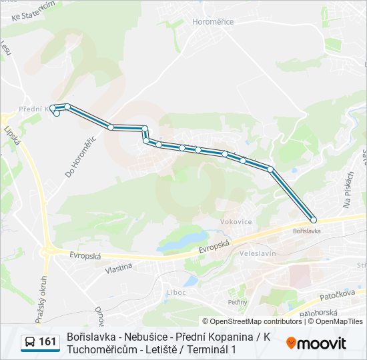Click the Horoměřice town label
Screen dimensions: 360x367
(x=213, y=22)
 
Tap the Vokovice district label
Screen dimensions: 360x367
(x=236, y=222)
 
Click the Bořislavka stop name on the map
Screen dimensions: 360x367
(x=307, y=231)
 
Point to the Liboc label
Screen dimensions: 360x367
(x=177, y=291)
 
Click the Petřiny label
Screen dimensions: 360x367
(x=238, y=302)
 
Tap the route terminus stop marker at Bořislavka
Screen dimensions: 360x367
(x=314, y=220)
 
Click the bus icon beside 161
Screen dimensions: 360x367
(x=30, y=342)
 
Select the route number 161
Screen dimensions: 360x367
(x=48, y=342)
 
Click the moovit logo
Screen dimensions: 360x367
(x=316, y=343)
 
